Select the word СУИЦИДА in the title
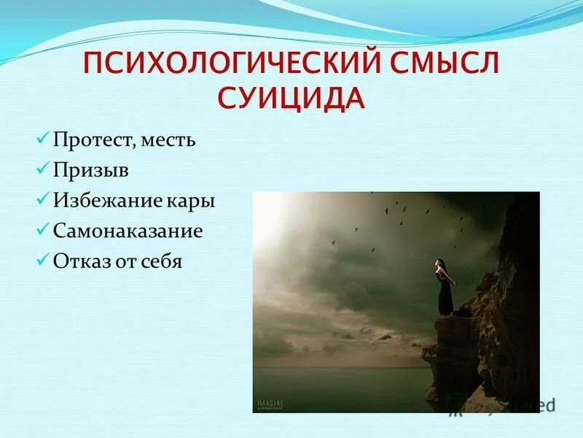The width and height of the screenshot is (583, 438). [291, 99]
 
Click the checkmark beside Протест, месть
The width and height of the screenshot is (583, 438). [42, 138]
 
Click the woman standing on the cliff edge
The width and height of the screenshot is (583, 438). [444, 288]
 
